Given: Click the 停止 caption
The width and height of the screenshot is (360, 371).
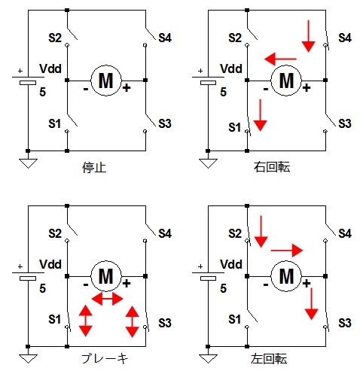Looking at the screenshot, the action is (94, 168).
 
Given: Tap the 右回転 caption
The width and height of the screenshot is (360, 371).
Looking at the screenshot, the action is (272, 167).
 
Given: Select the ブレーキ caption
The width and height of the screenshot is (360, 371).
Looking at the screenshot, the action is (104, 359).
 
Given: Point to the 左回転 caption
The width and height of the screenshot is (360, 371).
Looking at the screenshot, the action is (269, 359).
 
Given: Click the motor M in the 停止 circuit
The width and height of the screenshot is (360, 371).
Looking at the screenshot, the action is (106, 81).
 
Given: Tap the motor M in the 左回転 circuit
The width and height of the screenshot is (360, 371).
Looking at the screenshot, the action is (286, 276).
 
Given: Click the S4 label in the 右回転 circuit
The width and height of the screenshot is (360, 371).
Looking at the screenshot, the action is (345, 38).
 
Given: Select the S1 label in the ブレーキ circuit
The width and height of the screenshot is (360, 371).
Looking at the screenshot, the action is (55, 319).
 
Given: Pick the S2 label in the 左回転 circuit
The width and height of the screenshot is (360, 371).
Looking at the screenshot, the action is (235, 233).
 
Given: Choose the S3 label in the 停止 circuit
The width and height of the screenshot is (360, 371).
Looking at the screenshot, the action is (165, 123).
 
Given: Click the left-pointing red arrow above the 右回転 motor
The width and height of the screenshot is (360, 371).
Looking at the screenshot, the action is (280, 59).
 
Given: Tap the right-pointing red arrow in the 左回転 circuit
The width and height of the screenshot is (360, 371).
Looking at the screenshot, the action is (287, 251).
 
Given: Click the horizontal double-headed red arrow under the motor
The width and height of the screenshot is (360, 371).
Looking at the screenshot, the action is (107, 299).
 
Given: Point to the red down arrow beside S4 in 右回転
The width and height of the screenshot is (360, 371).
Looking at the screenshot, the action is (308, 36).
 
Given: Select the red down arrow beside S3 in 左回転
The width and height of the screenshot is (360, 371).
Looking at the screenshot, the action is (312, 304).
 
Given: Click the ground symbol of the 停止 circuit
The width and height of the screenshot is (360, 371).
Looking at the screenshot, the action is (28, 163).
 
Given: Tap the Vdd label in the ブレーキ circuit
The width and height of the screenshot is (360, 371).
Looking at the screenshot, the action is (50, 264).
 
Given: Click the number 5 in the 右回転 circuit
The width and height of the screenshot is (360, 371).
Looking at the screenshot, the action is (223, 92).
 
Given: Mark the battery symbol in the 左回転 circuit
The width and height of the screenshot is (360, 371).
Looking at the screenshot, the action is (208, 275).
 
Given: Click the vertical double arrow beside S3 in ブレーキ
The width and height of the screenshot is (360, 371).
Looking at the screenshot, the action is (132, 321).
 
